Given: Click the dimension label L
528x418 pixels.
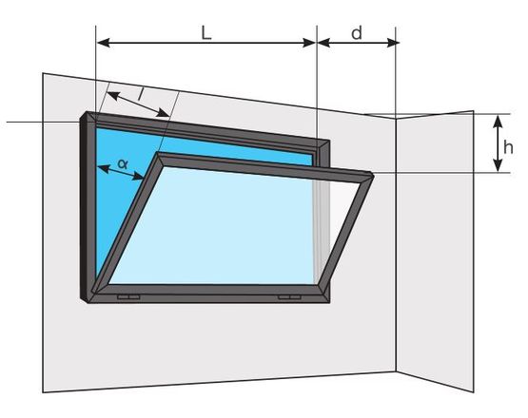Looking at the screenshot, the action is point(206,33).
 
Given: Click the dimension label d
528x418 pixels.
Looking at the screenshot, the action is point(357,33).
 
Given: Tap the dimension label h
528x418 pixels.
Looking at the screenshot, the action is point(508,147).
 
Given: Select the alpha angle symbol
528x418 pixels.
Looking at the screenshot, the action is point(123,163).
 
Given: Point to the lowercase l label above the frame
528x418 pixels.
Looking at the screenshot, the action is point(141,94).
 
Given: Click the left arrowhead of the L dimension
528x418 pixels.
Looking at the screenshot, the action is point(103,43).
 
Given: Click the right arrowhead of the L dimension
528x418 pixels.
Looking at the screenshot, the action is point(309,43).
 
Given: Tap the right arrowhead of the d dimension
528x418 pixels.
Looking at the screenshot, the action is point(393,43).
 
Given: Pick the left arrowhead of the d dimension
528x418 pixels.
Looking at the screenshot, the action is point(324,43).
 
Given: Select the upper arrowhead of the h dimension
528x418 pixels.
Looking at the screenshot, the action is point(498,121).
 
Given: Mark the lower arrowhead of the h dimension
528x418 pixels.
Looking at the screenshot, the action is point(498,166).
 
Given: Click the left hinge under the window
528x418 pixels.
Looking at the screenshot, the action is point(128,297).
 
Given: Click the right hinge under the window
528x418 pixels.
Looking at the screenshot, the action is point(289,297).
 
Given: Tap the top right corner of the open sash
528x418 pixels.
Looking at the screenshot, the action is point(373,175).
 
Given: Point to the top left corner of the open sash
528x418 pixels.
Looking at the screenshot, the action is point(159,153).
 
